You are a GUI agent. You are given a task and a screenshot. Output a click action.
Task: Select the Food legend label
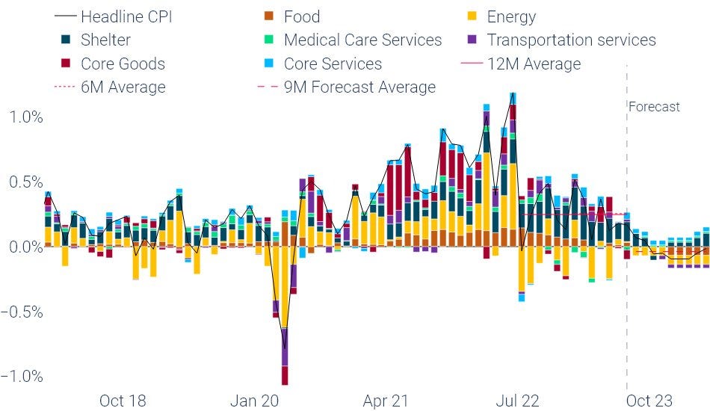(x=301, y=16)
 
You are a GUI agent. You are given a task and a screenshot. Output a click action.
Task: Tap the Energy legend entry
(x=511, y=16)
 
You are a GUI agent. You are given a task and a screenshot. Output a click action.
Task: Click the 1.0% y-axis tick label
(x=25, y=117)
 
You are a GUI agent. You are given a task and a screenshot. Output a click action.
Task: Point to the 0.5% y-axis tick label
(x=25, y=182)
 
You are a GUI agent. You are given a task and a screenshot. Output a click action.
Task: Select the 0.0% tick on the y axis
(x=25, y=247)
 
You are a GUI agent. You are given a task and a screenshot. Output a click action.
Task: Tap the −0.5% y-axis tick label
(x=22, y=312)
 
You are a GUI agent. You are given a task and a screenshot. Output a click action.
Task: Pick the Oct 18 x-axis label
(x=123, y=401)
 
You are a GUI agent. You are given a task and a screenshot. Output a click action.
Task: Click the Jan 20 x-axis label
(x=254, y=401)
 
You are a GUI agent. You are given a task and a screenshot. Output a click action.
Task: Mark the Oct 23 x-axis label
(x=648, y=401)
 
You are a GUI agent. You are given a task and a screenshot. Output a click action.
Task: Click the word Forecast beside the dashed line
(x=654, y=107)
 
